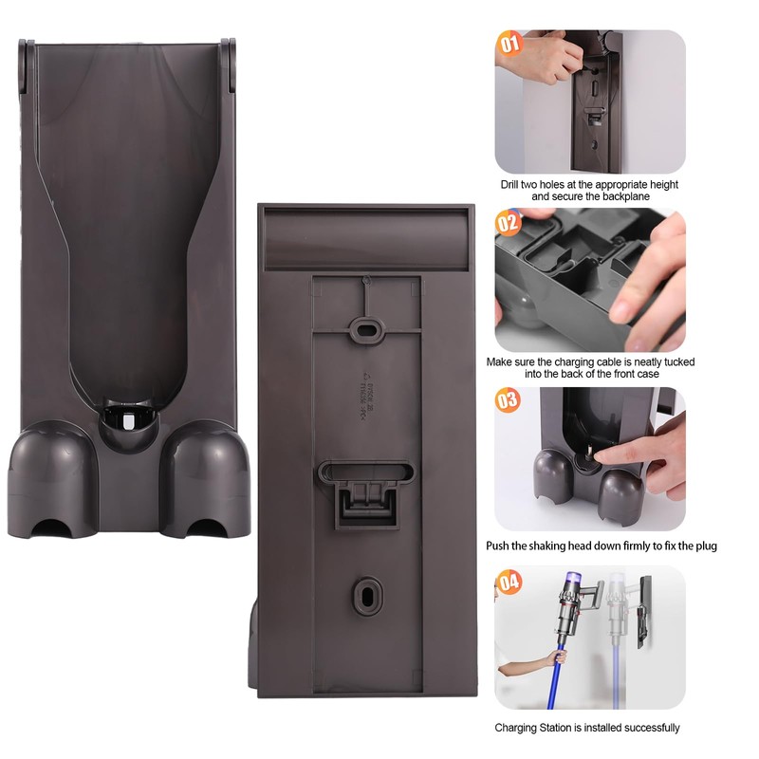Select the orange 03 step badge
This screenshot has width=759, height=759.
[509, 400]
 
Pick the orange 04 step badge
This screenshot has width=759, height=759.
[509, 581]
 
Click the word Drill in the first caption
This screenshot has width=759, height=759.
[514, 185]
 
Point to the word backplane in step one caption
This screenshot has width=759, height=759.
[623, 196]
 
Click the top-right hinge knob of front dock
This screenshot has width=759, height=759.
[229, 46]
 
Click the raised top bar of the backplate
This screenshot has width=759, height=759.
[365, 239]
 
